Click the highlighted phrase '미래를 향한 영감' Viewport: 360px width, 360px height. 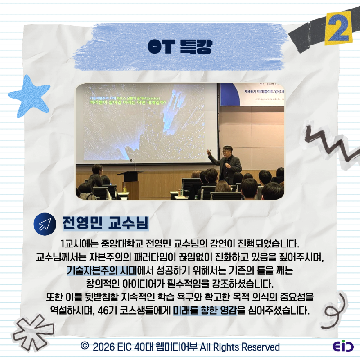205,310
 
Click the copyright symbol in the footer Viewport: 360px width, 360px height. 84,346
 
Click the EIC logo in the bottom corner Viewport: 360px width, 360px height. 343,346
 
